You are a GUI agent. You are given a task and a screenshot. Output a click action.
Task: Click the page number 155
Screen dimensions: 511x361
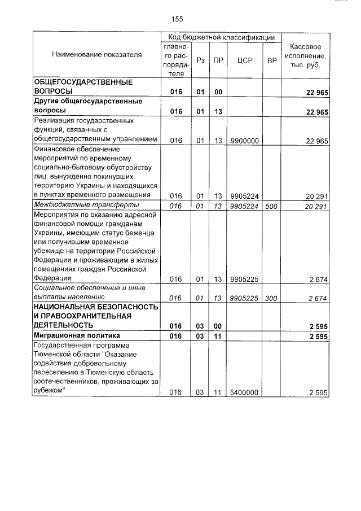pos(178,19)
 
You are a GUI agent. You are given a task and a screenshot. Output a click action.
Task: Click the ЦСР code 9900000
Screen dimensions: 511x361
pos(244,141)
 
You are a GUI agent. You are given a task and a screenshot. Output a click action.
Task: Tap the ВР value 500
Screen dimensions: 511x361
pos(271,206)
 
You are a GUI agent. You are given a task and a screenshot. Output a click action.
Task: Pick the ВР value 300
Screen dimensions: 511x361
pos(271,298)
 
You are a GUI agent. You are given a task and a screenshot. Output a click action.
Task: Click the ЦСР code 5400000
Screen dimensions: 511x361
pos(244,392)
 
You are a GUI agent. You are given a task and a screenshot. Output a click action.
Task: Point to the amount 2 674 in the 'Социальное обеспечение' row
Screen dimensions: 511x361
pos(318,298)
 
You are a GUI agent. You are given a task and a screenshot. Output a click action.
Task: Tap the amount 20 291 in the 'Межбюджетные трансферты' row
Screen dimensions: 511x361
pos(316,206)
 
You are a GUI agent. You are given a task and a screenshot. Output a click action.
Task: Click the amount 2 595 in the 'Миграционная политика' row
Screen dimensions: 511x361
pos(319,337)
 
